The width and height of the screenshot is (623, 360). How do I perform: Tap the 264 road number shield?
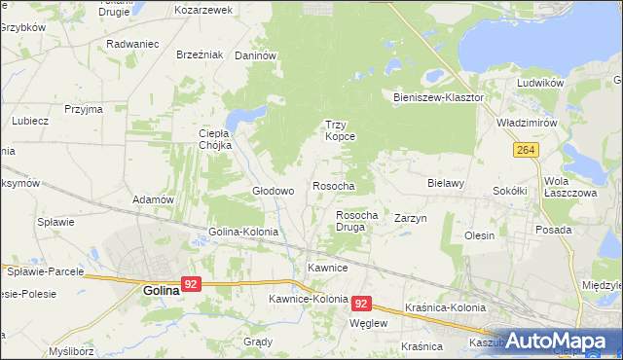coord(527,150)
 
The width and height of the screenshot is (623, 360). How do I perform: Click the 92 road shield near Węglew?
coord(362,304)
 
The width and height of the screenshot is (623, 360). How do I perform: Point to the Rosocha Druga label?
coord(356,221)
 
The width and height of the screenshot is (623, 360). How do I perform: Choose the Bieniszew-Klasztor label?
coord(439,98)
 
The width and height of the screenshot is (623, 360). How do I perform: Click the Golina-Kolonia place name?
coord(243,233)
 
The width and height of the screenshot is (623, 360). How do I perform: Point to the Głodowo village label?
coord(274,192)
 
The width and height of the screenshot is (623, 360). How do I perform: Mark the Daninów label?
coord(257,56)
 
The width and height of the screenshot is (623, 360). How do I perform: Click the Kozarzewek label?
coord(203,10)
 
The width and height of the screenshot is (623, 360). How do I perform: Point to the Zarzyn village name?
coord(411,219)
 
